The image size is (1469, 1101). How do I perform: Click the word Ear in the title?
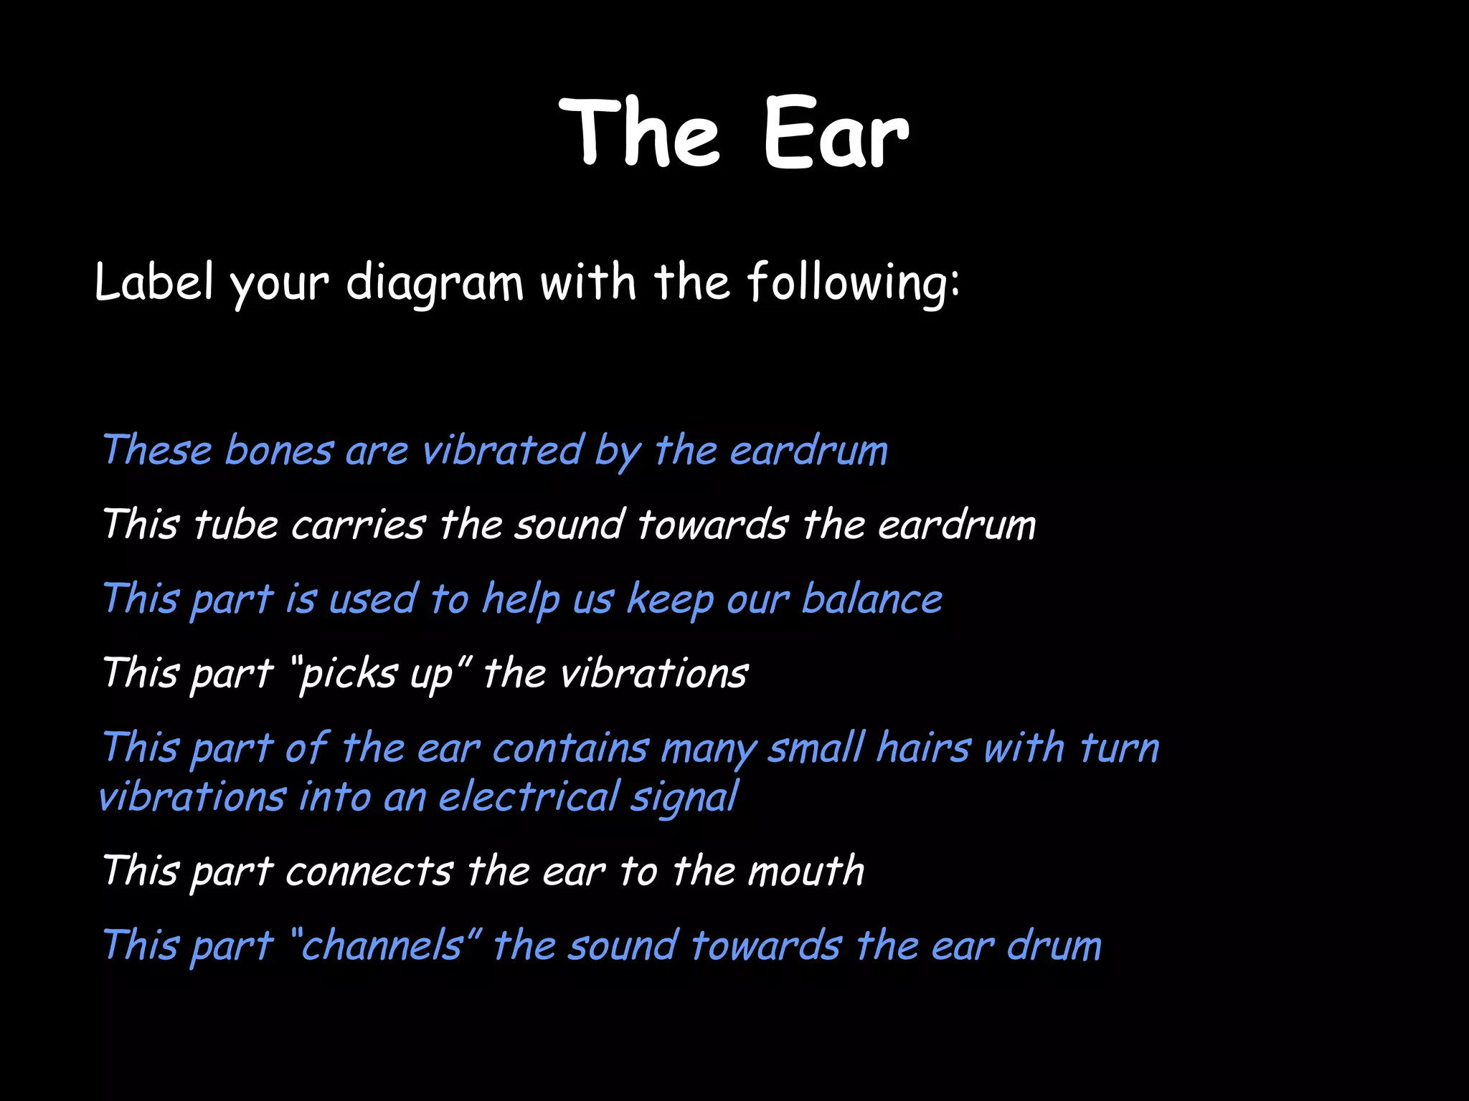[835, 134]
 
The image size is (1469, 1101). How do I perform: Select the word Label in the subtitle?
[153, 282]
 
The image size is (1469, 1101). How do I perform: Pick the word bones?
[279, 451]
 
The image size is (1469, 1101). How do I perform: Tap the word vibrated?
[502, 451]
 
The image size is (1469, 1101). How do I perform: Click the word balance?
[872, 599]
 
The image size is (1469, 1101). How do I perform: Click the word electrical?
[529, 797]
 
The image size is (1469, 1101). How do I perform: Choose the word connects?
[369, 872]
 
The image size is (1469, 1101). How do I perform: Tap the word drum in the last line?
[1054, 945]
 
